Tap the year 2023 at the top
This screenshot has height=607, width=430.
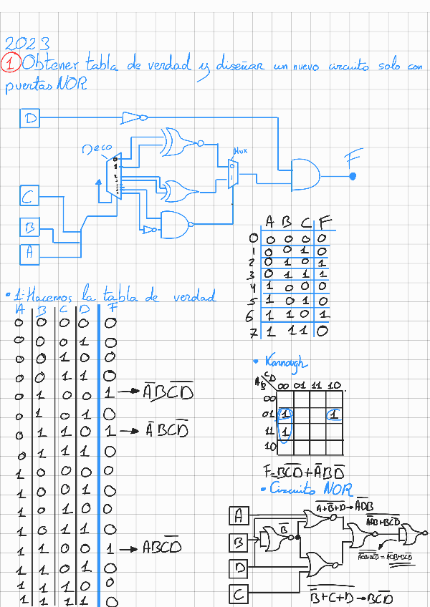click(x=27, y=44)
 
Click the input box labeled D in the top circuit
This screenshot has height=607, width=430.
click(x=29, y=118)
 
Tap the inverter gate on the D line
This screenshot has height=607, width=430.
click(x=135, y=117)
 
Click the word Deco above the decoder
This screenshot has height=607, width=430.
click(x=97, y=150)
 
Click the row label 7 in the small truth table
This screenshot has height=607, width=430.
click(x=252, y=332)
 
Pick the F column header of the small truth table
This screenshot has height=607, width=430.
click(x=325, y=221)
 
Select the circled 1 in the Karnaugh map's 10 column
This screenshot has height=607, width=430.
click(x=334, y=414)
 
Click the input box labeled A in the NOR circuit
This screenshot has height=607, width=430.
click(x=240, y=515)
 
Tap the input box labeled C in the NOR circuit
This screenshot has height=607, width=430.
click(x=240, y=593)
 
